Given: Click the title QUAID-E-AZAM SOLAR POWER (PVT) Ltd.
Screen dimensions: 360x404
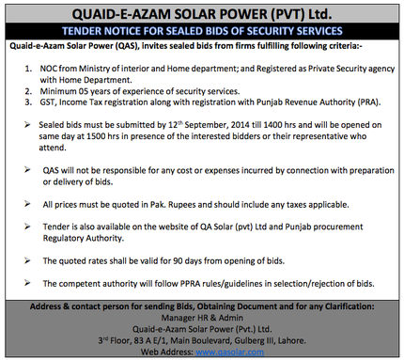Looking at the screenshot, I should [201, 13].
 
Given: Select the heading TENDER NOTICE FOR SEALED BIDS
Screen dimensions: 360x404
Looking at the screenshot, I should [202, 30].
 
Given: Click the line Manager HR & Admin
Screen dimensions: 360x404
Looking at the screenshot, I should [201, 318].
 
